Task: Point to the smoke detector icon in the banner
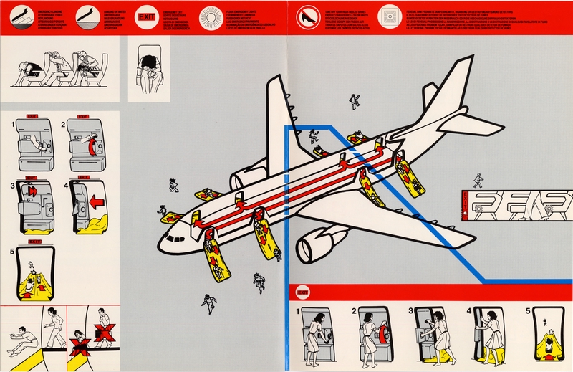pyautogui.click(x=390, y=15)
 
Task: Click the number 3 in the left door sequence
pyautogui.click(x=13, y=187)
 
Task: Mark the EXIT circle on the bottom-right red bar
pyautogui.click(x=302, y=294)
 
